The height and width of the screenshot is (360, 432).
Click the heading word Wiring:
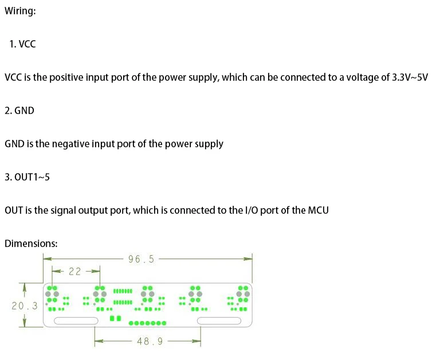click(x=20, y=11)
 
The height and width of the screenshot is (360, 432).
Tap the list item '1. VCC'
click(x=22, y=44)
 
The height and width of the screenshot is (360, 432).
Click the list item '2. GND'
click(x=19, y=111)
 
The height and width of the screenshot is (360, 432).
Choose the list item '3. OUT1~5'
click(x=27, y=177)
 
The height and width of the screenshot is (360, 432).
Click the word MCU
click(x=318, y=210)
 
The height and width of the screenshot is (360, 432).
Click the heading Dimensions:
click(x=31, y=244)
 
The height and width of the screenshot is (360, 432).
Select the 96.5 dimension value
click(x=141, y=259)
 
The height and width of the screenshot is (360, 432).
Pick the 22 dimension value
click(x=74, y=272)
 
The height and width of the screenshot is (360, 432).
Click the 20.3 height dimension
click(x=24, y=306)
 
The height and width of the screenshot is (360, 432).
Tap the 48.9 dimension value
click(x=150, y=342)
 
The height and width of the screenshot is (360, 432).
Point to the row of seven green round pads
click(x=148, y=323)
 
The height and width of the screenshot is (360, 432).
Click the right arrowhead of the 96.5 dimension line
click(x=248, y=259)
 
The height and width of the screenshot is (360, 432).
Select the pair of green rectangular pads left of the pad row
click(x=115, y=318)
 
